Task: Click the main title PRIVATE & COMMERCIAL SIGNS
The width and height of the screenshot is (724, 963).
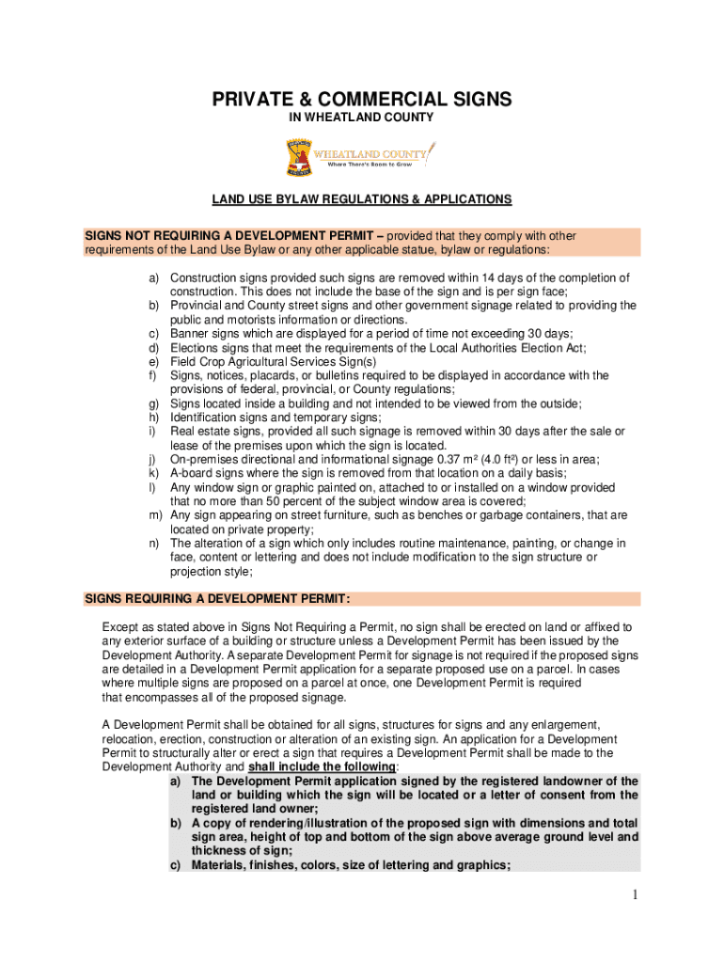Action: pyautogui.click(x=361, y=100)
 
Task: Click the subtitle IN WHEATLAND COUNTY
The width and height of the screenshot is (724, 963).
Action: pyautogui.click(x=361, y=118)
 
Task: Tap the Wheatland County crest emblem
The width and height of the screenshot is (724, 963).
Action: pyautogui.click(x=299, y=158)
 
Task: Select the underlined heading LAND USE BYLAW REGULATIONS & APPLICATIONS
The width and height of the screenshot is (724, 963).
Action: pyautogui.click(x=361, y=199)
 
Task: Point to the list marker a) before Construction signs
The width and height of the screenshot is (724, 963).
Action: pyautogui.click(x=153, y=278)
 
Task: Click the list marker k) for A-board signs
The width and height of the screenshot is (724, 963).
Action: pyautogui.click(x=153, y=474)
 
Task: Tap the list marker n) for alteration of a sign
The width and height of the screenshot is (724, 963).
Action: pyautogui.click(x=153, y=544)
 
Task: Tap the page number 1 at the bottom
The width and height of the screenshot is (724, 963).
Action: pyautogui.click(x=636, y=894)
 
